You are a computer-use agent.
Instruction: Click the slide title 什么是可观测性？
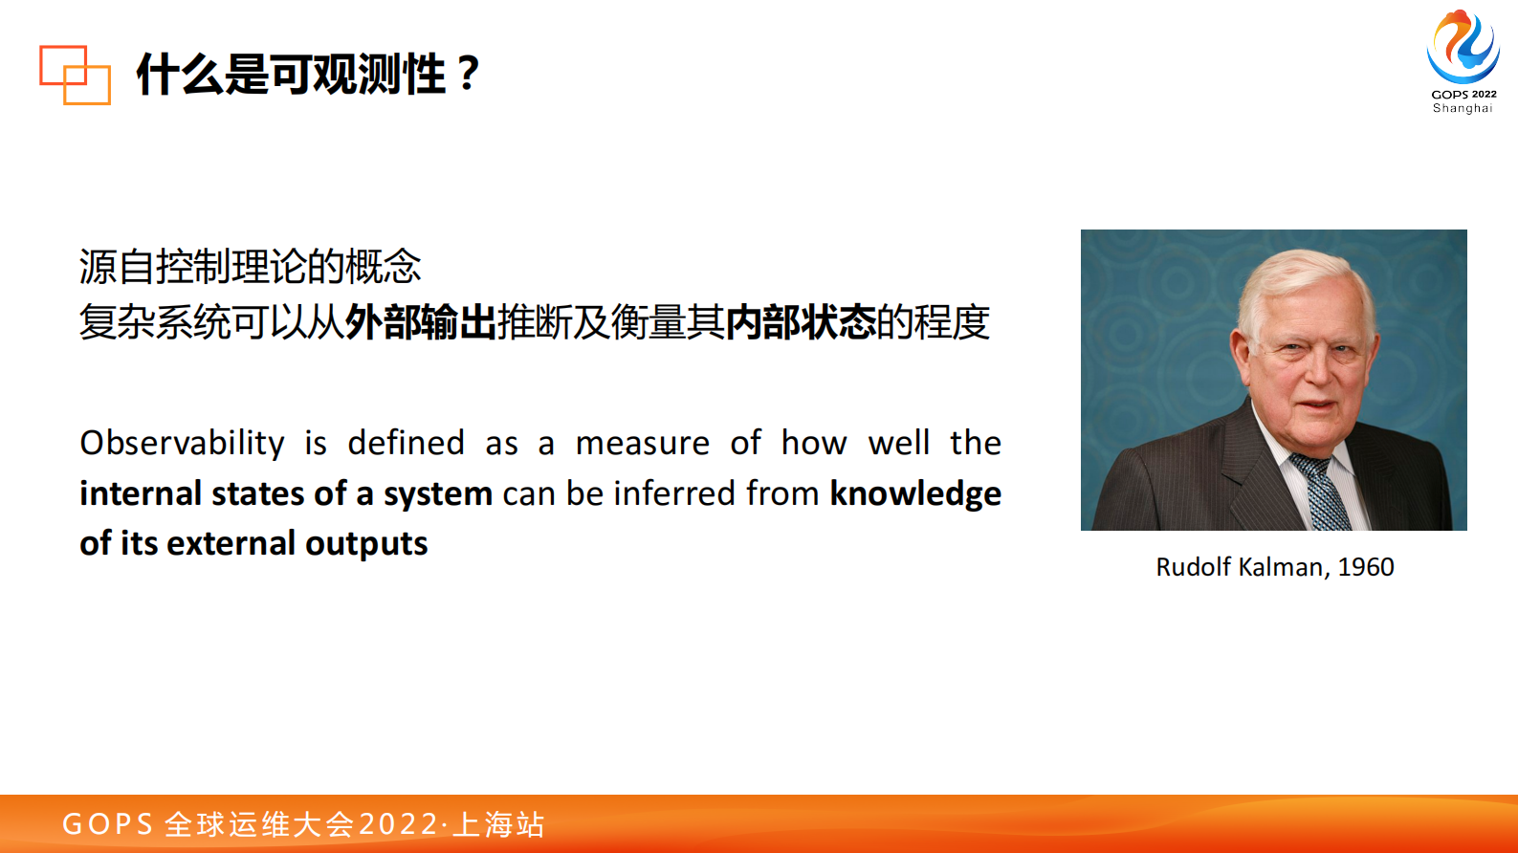309,74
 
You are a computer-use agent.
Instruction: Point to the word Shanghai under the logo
1463,108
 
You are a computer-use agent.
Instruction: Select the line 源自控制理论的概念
250,266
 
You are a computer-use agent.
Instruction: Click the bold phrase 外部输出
421,322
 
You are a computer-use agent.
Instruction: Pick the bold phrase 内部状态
801,322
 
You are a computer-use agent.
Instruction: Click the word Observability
183,444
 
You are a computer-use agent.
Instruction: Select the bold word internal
141,493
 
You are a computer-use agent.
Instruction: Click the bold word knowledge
915,493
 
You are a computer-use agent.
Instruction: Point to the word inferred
674,493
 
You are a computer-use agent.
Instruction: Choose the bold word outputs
366,544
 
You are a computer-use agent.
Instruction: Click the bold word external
231,543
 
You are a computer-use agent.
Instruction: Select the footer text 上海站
498,824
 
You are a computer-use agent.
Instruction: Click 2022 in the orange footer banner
399,824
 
